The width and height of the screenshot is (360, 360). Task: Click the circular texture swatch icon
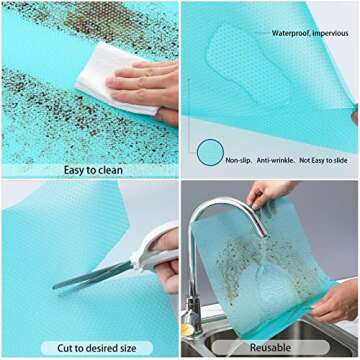click(x=209, y=153)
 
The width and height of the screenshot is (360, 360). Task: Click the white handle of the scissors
click(x=158, y=250)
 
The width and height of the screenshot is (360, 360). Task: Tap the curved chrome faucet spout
click(x=215, y=215)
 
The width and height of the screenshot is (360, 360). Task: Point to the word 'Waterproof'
click(x=291, y=33)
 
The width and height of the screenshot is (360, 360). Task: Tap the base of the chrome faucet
click(x=193, y=322)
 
